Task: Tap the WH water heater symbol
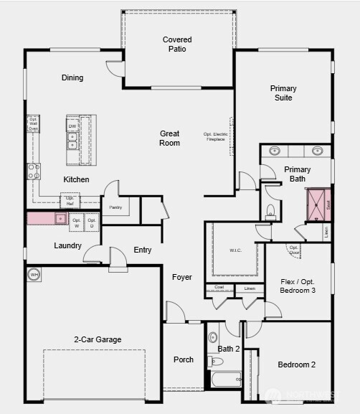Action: (34, 274)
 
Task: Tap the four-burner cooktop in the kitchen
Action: (33, 171)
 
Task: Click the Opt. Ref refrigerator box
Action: (70, 200)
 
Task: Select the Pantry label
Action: (115, 207)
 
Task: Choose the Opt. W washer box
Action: (77, 222)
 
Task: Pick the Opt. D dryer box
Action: (92, 222)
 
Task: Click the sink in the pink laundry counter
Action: (60, 218)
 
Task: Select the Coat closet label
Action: (219, 288)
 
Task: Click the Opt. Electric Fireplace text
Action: (214, 136)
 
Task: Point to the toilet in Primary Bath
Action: (270, 211)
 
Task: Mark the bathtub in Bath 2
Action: (224, 380)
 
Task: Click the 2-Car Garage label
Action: (98, 339)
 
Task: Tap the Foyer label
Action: (182, 277)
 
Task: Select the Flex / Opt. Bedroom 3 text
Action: (298, 285)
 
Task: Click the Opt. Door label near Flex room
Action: (294, 250)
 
